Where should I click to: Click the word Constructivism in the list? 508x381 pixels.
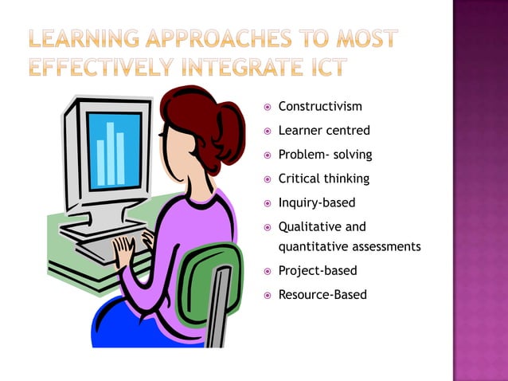319,106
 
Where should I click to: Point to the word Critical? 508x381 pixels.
297,179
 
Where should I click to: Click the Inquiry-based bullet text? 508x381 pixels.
317,202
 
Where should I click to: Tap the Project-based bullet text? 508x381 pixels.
318,270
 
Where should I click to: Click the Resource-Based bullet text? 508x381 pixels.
322,294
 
